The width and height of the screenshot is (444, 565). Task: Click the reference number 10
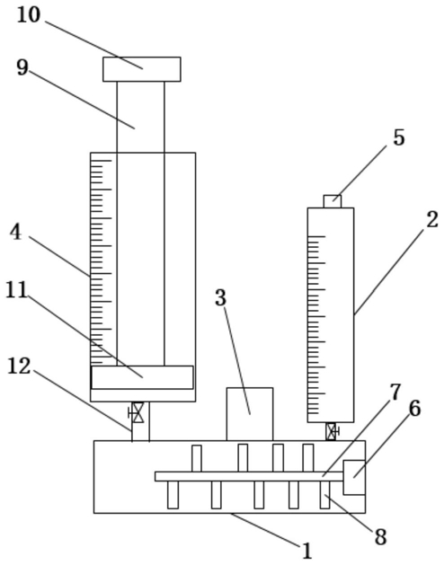click(29, 16)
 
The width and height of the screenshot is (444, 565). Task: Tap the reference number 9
click(22, 67)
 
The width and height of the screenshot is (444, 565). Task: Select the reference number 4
click(15, 233)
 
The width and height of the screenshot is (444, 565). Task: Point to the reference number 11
click(16, 290)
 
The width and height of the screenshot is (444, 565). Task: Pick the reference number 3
click(220, 297)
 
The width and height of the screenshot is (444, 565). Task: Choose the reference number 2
click(432, 219)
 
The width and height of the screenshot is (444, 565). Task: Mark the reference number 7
click(395, 392)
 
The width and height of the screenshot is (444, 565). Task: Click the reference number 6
click(414, 409)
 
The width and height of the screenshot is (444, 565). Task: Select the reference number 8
click(380, 537)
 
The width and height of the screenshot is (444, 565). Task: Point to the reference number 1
click(306, 551)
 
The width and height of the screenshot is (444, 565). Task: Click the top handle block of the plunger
click(142, 69)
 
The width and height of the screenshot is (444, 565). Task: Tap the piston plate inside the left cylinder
click(142, 377)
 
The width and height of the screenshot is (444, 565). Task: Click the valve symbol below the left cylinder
click(137, 412)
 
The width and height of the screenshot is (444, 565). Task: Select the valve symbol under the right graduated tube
click(332, 431)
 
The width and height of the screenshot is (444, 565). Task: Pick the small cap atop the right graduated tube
click(333, 201)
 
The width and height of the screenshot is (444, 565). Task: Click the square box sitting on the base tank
click(250, 414)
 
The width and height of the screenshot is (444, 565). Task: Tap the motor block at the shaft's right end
click(354, 478)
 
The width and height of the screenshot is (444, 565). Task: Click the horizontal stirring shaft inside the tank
click(249, 476)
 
